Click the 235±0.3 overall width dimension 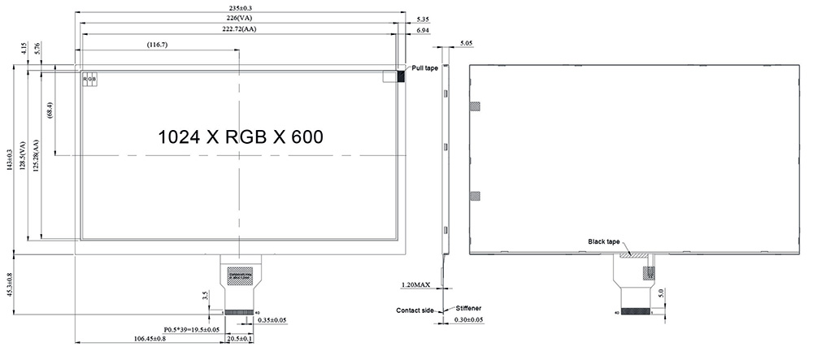pyautogui.click(x=241, y=7)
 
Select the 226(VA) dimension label pyautogui.click(x=241, y=17)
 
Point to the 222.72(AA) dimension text pyautogui.click(x=241, y=28)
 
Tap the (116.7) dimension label pyautogui.click(x=157, y=44)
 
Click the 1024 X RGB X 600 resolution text pyautogui.click(x=241, y=136)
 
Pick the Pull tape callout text pyautogui.click(x=425, y=68)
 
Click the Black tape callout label pyautogui.click(x=604, y=241)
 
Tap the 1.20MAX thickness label pyautogui.click(x=416, y=285)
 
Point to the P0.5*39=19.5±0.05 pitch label pyautogui.click(x=192, y=329)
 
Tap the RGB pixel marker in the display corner pyautogui.click(x=89, y=79)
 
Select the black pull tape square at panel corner pyautogui.click(x=401, y=76)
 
